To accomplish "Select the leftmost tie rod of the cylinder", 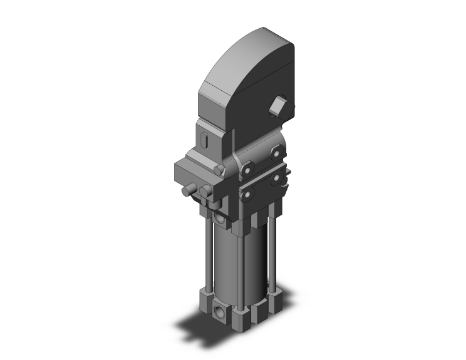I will [x=205, y=250].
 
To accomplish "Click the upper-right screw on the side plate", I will [x=276, y=151].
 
